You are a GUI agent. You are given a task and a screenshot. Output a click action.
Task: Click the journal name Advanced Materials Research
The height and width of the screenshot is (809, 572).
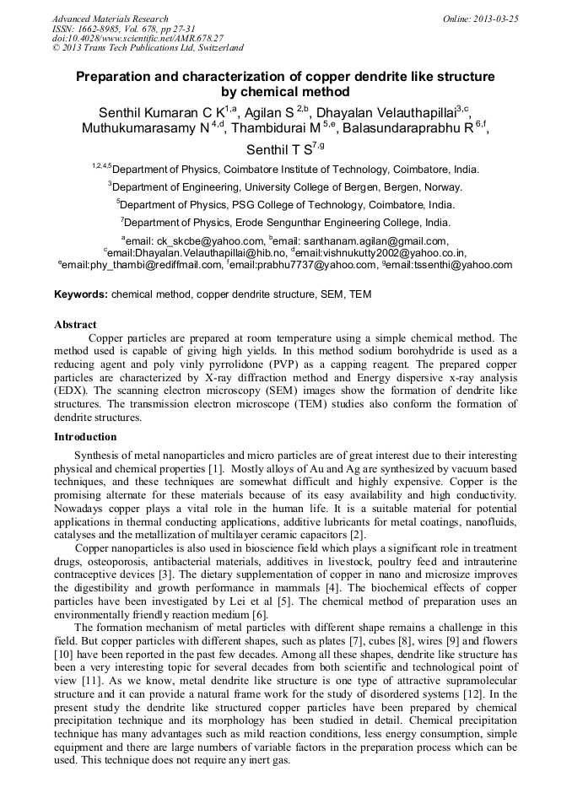[x=110, y=19]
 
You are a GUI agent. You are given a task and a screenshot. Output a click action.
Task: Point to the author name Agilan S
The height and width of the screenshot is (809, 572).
[x=269, y=112]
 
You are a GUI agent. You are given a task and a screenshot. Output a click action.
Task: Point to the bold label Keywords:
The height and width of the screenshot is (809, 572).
[x=81, y=294]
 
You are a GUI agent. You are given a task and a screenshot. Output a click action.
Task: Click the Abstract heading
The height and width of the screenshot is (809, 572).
[x=75, y=324]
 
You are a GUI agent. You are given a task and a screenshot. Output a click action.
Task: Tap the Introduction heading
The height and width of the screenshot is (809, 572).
[x=85, y=436]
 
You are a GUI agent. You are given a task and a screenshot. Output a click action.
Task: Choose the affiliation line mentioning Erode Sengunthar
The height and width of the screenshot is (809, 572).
[x=286, y=223]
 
